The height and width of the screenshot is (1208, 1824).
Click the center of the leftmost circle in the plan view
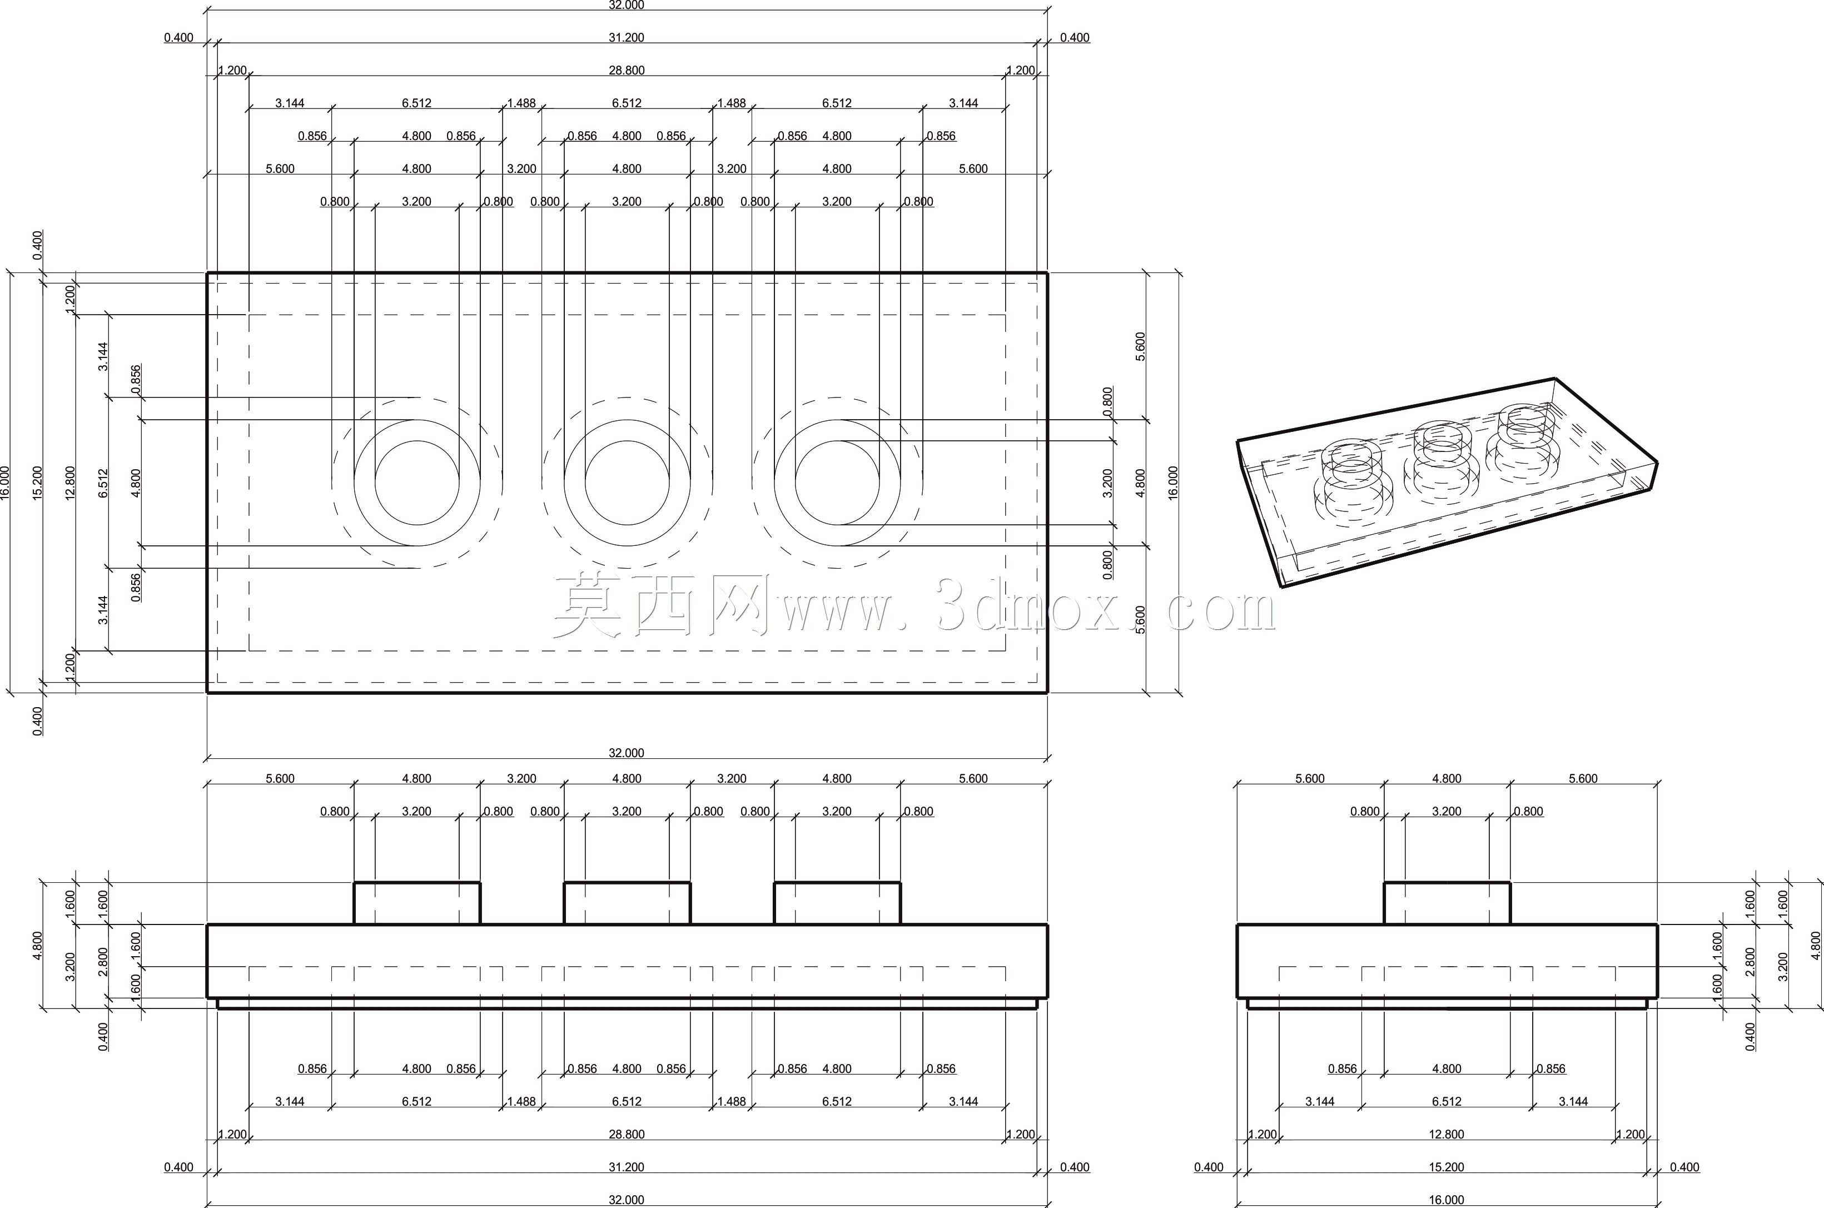[x=417, y=483]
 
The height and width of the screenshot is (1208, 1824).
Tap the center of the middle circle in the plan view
[x=627, y=483]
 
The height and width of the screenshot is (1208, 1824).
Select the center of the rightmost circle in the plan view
[x=837, y=483]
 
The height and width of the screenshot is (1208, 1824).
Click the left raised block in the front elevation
[x=417, y=903]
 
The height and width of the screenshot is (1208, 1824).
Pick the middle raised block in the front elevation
[x=627, y=903]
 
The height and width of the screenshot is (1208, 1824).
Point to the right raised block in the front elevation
[x=837, y=903]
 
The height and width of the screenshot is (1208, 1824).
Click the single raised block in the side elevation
[x=1447, y=903]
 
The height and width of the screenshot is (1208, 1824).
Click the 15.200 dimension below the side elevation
[x=1446, y=1167]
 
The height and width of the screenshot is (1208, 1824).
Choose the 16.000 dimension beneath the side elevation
[x=1446, y=1200]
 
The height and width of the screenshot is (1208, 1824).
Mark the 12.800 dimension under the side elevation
[x=1446, y=1134]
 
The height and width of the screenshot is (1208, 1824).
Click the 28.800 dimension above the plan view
[x=626, y=70]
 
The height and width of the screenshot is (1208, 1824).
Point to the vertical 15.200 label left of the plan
[x=38, y=483]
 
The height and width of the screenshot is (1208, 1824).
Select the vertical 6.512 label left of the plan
[x=103, y=483]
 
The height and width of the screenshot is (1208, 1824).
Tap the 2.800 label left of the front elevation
[x=103, y=962]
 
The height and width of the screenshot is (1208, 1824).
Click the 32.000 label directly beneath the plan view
[x=626, y=753]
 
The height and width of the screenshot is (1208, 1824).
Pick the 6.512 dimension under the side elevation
[x=1446, y=1101]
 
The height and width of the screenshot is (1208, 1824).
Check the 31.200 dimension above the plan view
[x=626, y=37]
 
